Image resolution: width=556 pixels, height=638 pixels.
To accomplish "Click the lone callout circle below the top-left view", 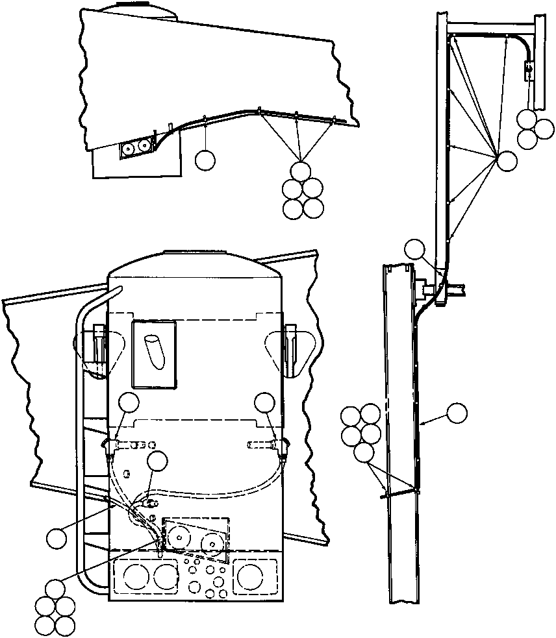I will pos(205,160).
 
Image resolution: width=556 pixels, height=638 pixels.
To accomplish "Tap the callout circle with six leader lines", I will pos(507,160).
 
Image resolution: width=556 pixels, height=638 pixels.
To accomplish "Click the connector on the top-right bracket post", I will pos(529,66).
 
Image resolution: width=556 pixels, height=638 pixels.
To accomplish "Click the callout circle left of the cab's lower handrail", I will pos(57,537).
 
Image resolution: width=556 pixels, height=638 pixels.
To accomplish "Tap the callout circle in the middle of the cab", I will pos(157,463).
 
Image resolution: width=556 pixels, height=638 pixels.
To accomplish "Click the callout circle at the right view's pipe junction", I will pos(414,250).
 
